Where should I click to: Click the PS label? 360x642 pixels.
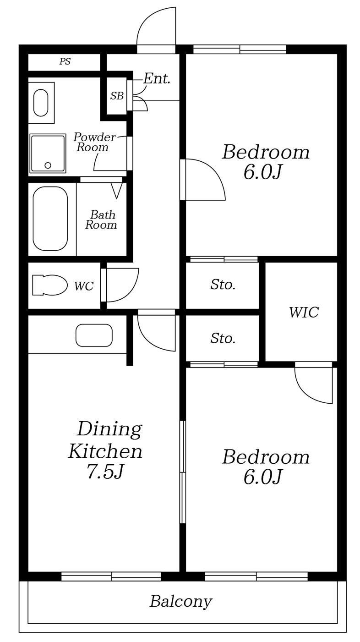[65, 61]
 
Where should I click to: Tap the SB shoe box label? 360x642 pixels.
[117, 96]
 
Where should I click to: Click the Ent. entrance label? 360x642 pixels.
[157, 78]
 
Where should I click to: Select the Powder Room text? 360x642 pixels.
[94, 142]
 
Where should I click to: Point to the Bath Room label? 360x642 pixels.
[101, 219]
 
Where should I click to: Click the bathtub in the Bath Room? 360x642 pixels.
[50, 219]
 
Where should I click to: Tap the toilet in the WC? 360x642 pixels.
[49, 285]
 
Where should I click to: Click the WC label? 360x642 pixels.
[84, 286]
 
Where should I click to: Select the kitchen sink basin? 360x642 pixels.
[94, 335]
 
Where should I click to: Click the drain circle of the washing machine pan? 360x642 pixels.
[48, 165]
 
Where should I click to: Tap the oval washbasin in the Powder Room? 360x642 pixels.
[41, 103]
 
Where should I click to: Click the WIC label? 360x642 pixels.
[304, 312]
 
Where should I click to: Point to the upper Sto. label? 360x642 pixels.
[223, 285]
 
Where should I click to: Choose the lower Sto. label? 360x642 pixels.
[223, 338]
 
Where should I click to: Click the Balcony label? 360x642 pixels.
[181, 602]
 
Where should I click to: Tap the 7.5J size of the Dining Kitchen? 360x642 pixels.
[105, 472]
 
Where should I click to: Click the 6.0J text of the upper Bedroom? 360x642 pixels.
[262, 173]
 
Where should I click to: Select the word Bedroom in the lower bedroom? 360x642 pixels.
[266, 457]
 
